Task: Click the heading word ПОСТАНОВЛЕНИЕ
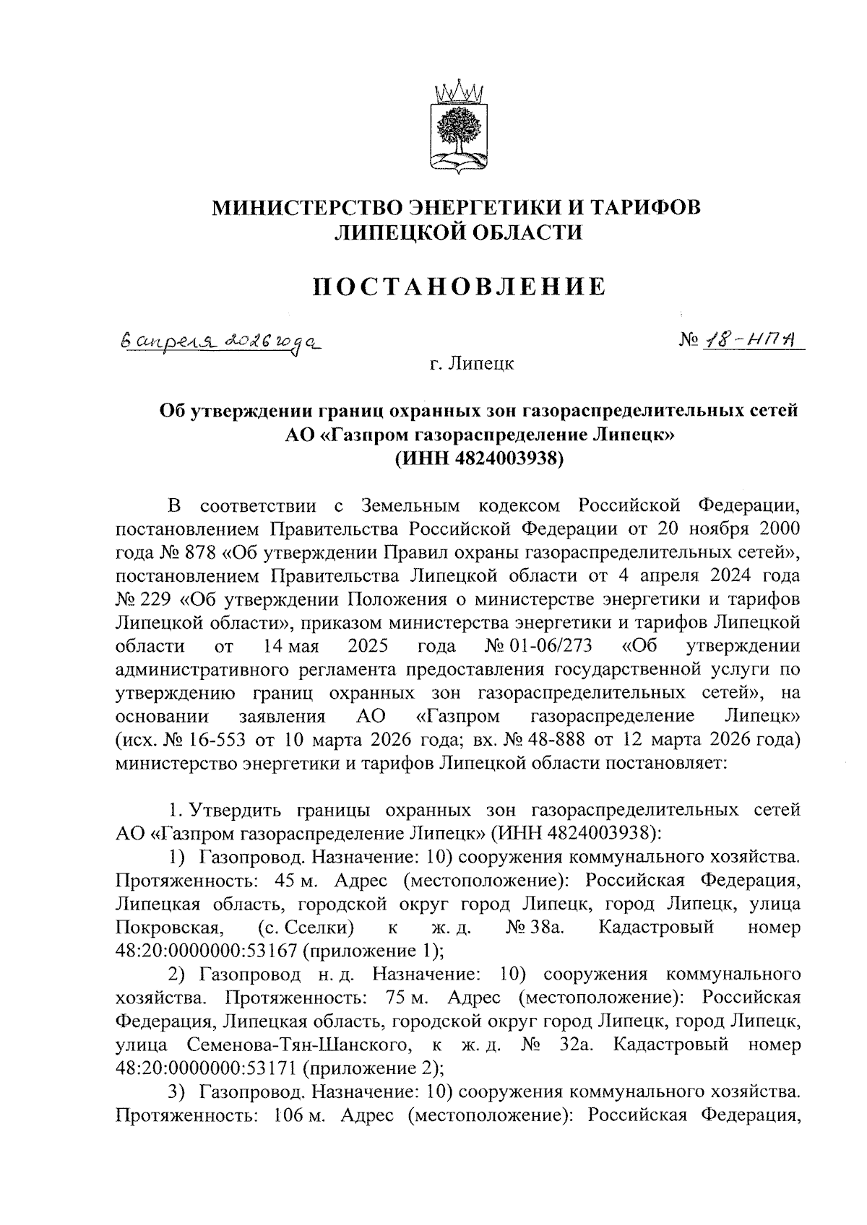click(457, 287)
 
